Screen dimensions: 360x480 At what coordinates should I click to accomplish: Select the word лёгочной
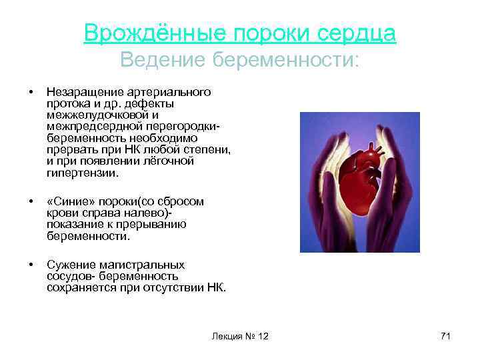pyautogui.click(x=165, y=161)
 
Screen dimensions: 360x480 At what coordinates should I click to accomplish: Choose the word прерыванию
pyautogui.click(x=151, y=225)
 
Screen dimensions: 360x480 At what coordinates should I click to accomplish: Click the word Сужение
pyautogui.click(x=69, y=265)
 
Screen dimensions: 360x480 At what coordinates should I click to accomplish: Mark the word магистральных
pyautogui.click(x=147, y=265)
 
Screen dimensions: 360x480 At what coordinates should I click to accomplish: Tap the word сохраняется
pyautogui.click(x=80, y=288)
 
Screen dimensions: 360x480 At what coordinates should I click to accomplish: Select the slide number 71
pyautogui.click(x=445, y=336)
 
